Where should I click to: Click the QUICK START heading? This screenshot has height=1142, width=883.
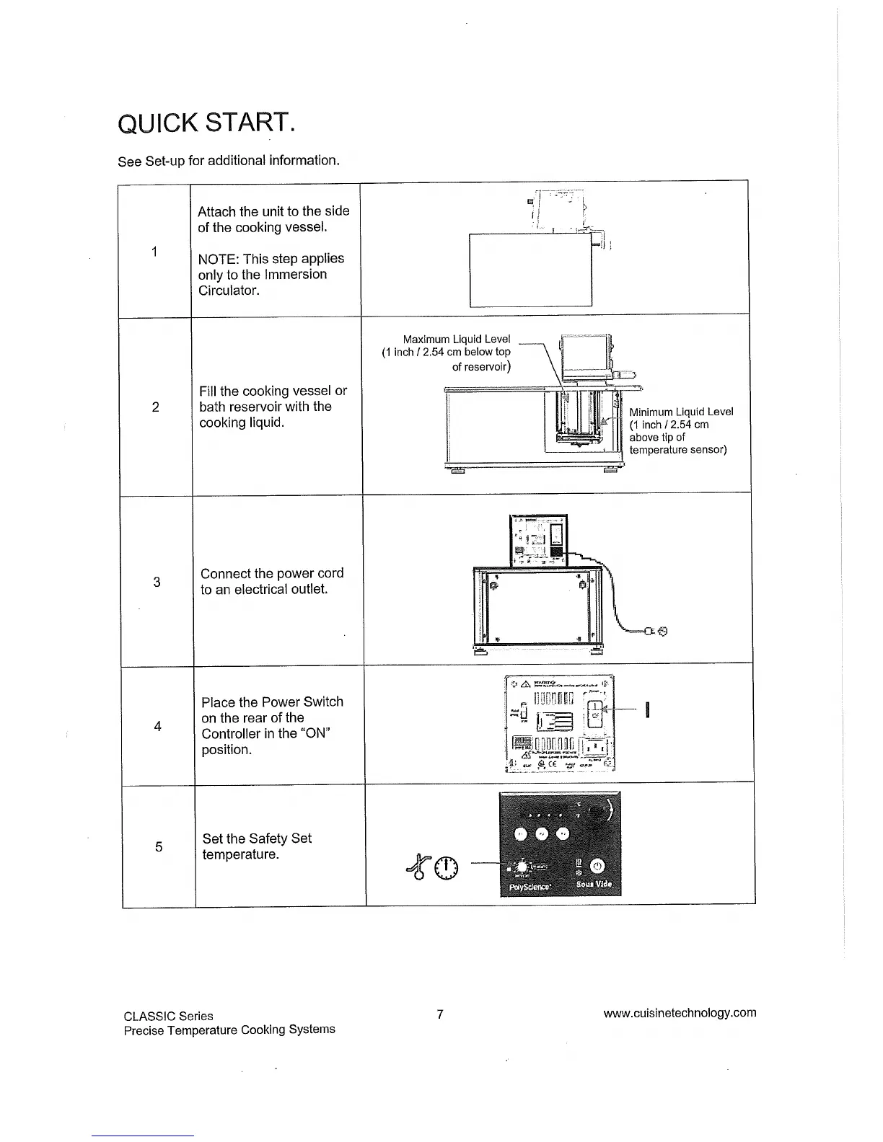(205, 124)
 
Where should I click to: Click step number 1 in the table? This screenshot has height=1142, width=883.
(154, 251)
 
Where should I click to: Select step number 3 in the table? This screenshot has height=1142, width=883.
(157, 582)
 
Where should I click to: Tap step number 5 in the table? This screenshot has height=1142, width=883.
(159, 846)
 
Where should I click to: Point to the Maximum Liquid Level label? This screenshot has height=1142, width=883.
(456, 339)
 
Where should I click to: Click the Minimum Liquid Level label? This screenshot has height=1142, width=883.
(681, 412)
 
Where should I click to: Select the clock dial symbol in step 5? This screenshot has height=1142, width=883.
(447, 868)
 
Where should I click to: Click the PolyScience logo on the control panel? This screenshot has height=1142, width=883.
(530, 887)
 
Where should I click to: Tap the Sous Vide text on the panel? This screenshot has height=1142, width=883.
(594, 885)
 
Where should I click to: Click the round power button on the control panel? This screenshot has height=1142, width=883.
(598, 867)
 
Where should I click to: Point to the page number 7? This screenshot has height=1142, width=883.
(439, 1014)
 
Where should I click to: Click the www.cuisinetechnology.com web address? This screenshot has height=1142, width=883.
(680, 1012)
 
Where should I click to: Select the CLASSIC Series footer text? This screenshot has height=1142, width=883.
(168, 1016)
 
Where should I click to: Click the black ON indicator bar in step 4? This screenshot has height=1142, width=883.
(648, 710)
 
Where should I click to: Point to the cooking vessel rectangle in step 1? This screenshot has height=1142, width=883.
(530, 270)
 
